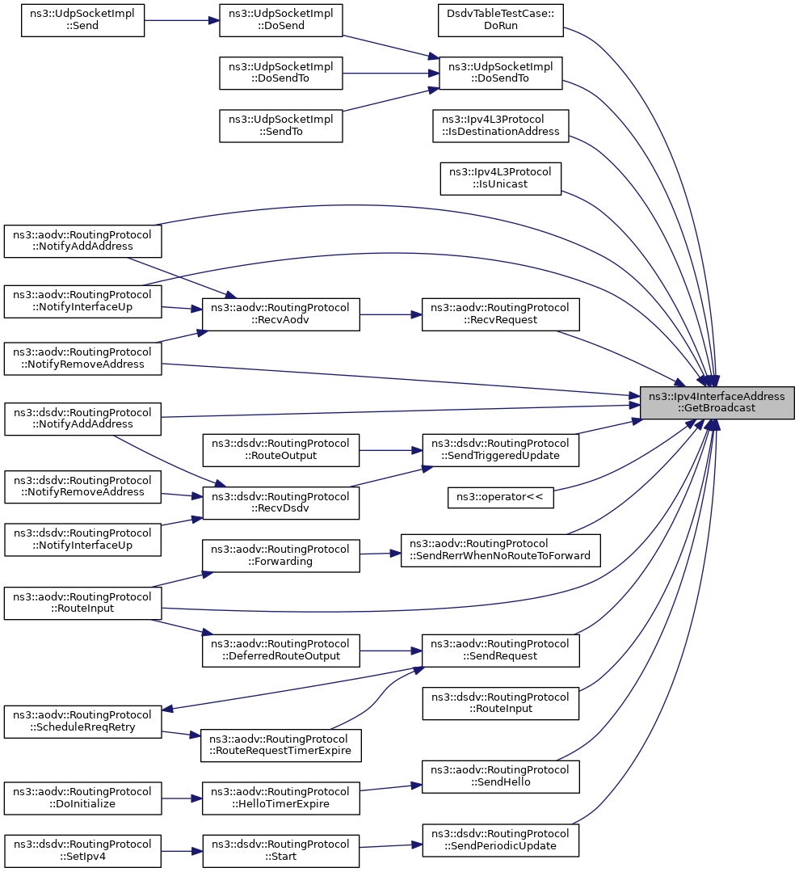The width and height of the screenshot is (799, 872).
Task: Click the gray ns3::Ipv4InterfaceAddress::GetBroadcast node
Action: coord(717,402)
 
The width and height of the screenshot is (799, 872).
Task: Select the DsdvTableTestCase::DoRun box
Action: coord(500,20)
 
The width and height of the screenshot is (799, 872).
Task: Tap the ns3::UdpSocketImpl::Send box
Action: coord(82,20)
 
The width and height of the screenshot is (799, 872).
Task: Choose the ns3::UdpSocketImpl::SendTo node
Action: coord(281,126)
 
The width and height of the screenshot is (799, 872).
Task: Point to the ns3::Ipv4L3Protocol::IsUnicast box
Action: coord(500,179)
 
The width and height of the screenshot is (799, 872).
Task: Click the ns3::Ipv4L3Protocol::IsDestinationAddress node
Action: coord(500,126)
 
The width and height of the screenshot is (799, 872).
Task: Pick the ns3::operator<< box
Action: coord(500,497)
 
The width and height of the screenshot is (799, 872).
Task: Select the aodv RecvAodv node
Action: coord(281,314)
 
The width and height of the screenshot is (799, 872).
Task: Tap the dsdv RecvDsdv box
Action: coord(281,503)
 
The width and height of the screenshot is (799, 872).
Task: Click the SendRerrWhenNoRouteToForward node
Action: coord(500,550)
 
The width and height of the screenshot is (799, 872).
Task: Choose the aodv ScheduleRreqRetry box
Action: coord(83,722)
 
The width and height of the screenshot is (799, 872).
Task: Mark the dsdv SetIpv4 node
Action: coord(83,851)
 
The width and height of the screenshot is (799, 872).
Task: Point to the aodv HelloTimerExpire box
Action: coord(281,798)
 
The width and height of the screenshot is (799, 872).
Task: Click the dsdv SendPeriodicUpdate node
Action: coord(500,840)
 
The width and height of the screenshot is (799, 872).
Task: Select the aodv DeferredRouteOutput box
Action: coord(281,651)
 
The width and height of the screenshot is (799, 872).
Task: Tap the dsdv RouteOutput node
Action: coord(281,450)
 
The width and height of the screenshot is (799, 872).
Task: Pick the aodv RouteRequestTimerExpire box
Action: coord(281,746)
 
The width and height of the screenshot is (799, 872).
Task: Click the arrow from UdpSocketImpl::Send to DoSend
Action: coord(182,20)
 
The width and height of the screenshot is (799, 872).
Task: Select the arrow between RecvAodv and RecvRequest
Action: coord(391,314)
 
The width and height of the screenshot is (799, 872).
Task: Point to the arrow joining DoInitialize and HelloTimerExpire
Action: coord(182,798)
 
